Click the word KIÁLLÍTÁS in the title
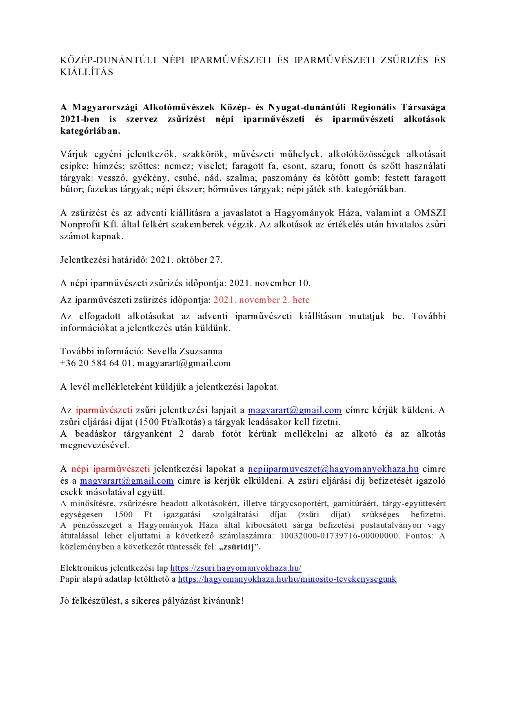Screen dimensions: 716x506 [87, 72]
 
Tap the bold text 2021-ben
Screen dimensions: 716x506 [80, 119]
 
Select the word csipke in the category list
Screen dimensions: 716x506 [73, 166]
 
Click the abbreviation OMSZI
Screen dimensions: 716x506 [430, 213]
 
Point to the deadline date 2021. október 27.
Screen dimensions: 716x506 [186, 260]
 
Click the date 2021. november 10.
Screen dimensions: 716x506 [270, 283]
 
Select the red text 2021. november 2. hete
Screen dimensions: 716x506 [261, 300]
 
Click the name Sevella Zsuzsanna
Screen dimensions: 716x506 [184, 351]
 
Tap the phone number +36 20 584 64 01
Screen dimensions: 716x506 [96, 363]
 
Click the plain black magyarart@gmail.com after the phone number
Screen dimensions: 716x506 [184, 363]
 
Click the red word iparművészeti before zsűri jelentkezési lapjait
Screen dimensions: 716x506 [104, 410]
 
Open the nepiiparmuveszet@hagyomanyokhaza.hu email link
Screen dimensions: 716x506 [333, 469]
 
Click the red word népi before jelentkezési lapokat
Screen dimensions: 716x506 [80, 469]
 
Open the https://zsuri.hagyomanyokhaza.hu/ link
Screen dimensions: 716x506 [235, 568]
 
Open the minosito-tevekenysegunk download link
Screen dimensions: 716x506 [287, 579]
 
